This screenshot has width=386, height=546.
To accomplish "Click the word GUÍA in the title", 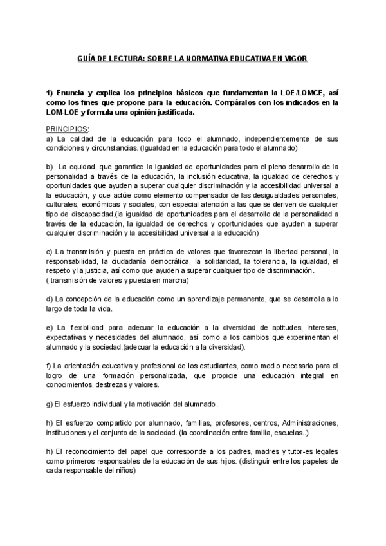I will [x=87, y=59].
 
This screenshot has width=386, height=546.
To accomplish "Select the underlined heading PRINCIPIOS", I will [x=67, y=129].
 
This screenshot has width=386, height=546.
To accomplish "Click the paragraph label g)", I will [x=50, y=404].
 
